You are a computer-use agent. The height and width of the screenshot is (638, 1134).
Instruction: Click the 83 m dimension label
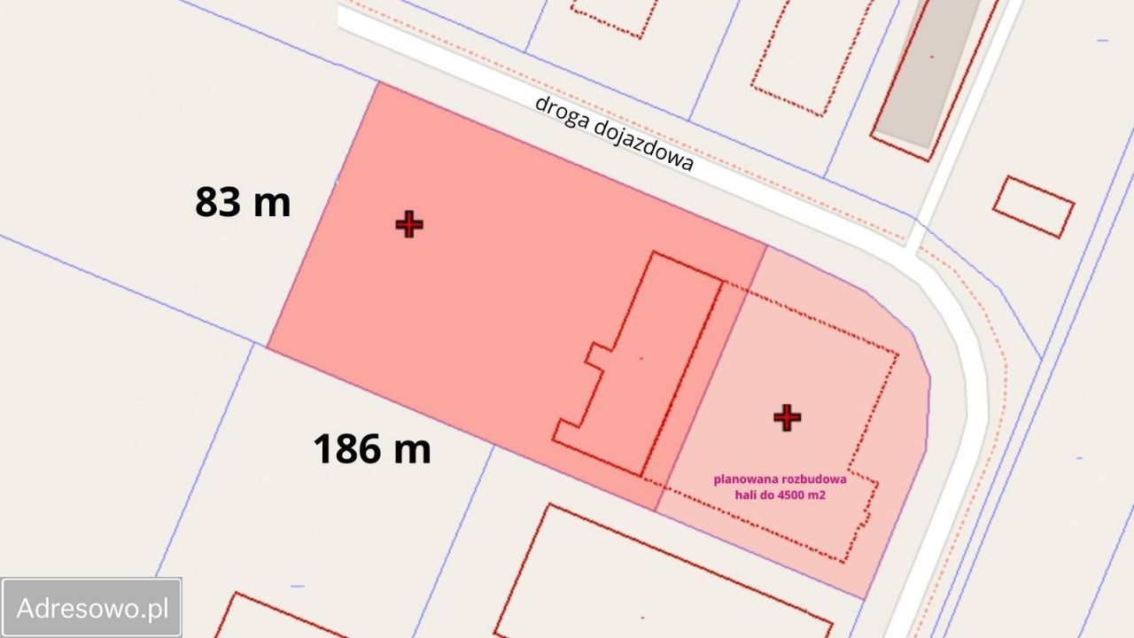pos(243,202)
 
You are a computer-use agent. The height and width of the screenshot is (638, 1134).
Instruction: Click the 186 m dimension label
pos(372,448)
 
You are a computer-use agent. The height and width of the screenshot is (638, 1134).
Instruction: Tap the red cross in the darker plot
pos(409,224)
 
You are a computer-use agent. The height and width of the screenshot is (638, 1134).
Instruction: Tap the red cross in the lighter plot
pos(787,417)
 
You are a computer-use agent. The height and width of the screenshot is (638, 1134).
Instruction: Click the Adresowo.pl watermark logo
pos(92,608)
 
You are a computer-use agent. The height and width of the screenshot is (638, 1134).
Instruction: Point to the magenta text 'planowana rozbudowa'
pos(780,479)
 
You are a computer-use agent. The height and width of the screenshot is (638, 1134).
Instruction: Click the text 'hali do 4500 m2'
pos(780,495)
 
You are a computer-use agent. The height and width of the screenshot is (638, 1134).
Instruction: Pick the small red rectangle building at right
pos(1033,207)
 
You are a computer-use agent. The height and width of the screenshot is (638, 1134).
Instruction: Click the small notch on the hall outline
pos(595,354)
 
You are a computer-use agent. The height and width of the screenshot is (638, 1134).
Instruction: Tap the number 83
pos(218,202)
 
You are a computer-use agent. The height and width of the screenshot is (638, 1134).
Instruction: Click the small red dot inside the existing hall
pos(641,357)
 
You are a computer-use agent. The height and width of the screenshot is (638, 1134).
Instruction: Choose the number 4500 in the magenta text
pos(789,495)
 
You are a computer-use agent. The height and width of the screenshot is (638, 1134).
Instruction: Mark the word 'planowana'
pos(742,479)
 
